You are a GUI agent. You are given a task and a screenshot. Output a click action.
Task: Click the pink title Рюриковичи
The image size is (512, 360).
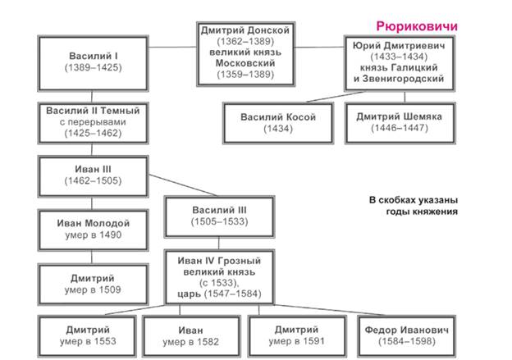pyautogui.click(x=417, y=26)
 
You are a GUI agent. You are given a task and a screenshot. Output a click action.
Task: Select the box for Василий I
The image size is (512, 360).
pyautogui.click(x=93, y=63)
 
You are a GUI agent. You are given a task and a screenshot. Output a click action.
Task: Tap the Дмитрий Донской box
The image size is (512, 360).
pyautogui.click(x=245, y=54)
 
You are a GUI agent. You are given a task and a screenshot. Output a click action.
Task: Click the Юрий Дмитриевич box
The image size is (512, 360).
pyautogui.click(x=400, y=63)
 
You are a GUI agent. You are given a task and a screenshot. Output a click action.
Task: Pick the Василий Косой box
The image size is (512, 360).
pyautogui.click(x=278, y=123)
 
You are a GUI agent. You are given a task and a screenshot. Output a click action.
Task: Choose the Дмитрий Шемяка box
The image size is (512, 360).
pyautogui.click(x=400, y=123)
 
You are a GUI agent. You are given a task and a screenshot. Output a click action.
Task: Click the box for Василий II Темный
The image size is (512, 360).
pyautogui.click(x=93, y=123)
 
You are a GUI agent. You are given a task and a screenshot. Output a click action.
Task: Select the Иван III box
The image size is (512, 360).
pyautogui.click(x=93, y=176)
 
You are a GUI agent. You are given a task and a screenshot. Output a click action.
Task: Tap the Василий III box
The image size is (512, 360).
pyautogui.click(x=219, y=216)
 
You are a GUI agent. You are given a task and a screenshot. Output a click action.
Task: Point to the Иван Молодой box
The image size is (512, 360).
pyautogui.click(x=93, y=230)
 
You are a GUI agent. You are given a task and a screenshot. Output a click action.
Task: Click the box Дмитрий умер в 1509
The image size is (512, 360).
pyautogui.click(x=93, y=285)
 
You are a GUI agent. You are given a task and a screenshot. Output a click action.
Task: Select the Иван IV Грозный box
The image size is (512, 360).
pyautogui.click(x=219, y=277)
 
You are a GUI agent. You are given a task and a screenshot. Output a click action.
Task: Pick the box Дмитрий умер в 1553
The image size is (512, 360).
pyautogui.click(x=87, y=336)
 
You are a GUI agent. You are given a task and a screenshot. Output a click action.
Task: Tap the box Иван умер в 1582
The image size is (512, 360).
pyautogui.click(x=192, y=336)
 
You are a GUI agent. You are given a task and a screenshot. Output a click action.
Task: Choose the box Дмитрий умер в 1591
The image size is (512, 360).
pyautogui.click(x=297, y=336)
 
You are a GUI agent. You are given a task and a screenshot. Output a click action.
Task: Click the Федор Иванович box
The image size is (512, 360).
pyautogui.click(x=406, y=336)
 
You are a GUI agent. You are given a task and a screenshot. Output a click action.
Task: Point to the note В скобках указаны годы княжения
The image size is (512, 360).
pyautogui.click(x=414, y=206)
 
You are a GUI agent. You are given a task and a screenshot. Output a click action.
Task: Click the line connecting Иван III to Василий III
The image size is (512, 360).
pyautogui.click(x=183, y=185)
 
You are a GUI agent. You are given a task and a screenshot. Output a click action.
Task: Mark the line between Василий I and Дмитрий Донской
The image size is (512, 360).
pyautogui.click(x=172, y=47)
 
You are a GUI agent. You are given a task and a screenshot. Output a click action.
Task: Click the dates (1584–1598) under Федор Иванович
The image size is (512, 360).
pyautogui.click(x=407, y=342)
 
